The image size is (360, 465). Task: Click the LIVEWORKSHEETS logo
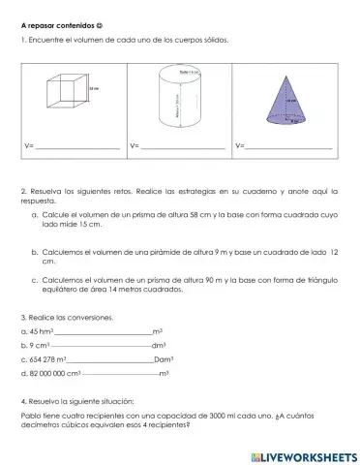[x=303, y=453]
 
